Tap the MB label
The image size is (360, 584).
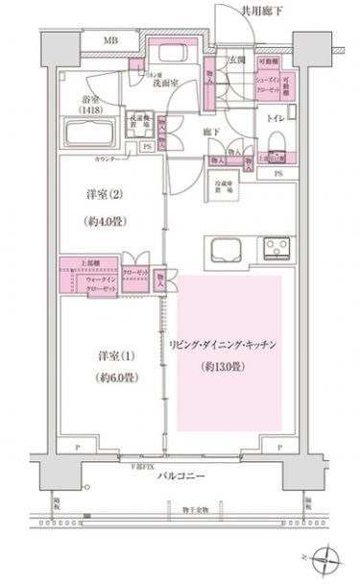click(x=111, y=42)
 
